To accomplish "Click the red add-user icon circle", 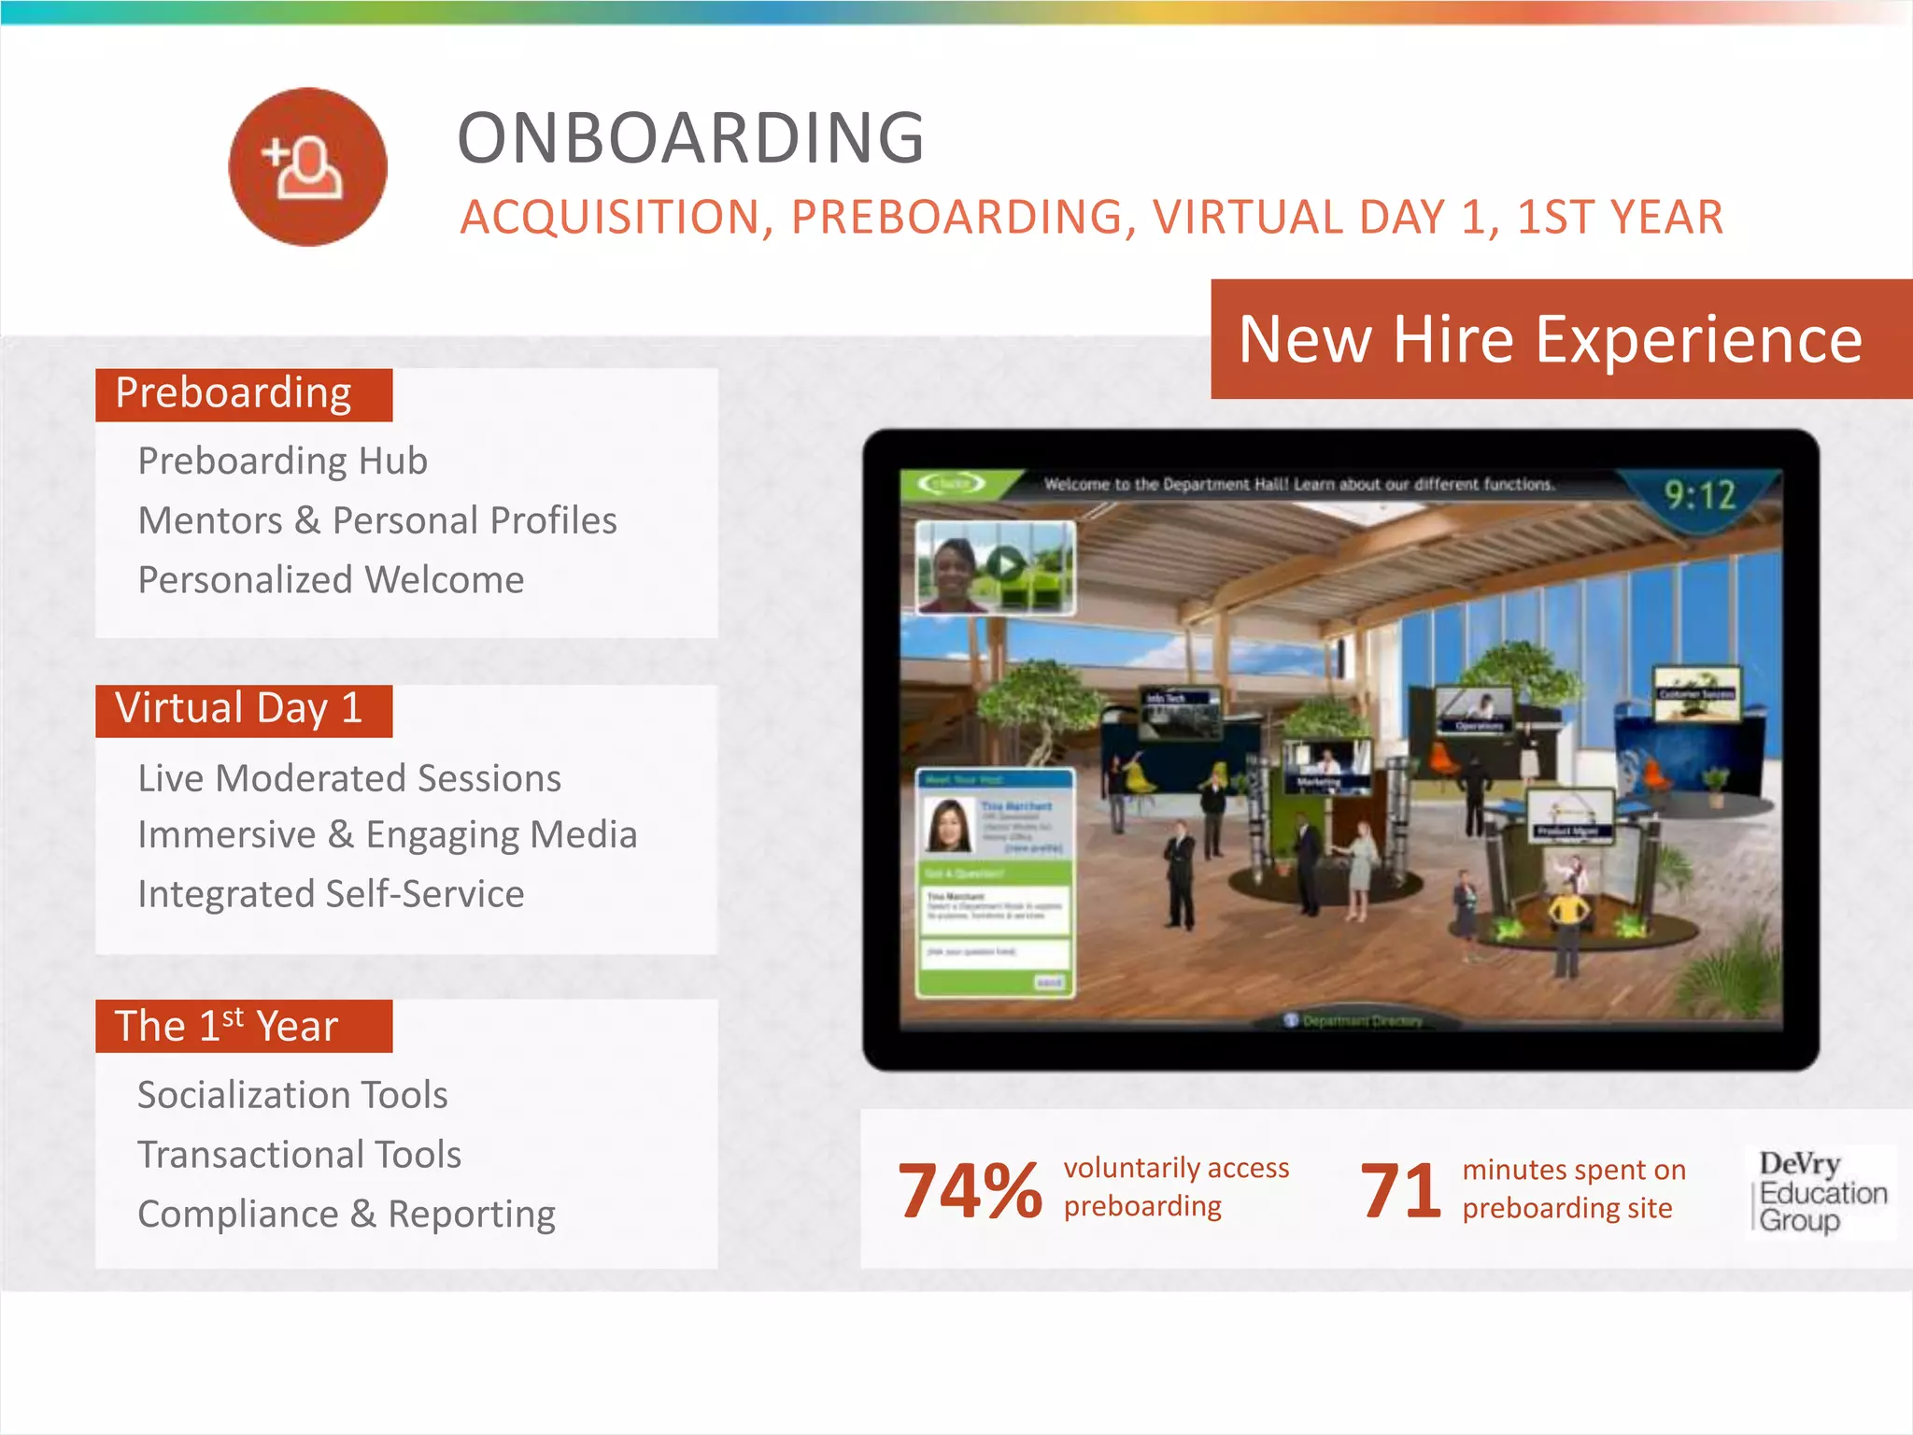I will pos(307,167).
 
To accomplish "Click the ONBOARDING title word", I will pos(690,138).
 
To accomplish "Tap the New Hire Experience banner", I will pos(1551,339).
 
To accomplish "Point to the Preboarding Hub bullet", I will pos(282,462).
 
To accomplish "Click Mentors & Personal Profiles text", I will pos(377,521).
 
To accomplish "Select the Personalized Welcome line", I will pos(331,580).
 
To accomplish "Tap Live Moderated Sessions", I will pos(349,778).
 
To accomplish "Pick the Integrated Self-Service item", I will pos(331,894).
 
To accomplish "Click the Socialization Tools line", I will pos(292,1095).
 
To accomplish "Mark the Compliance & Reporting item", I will pos(347,1215).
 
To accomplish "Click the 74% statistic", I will pos(970,1190).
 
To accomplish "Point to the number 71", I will pos(1400,1190).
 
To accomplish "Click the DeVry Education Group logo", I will pos(1820,1192).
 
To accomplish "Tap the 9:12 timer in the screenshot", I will pos(1699,495).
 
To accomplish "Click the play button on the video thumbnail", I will pos(1006,565).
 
